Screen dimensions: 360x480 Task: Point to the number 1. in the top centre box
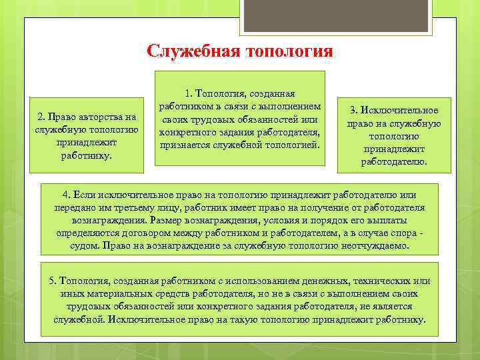point(187,95)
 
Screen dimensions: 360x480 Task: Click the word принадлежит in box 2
point(87,143)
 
